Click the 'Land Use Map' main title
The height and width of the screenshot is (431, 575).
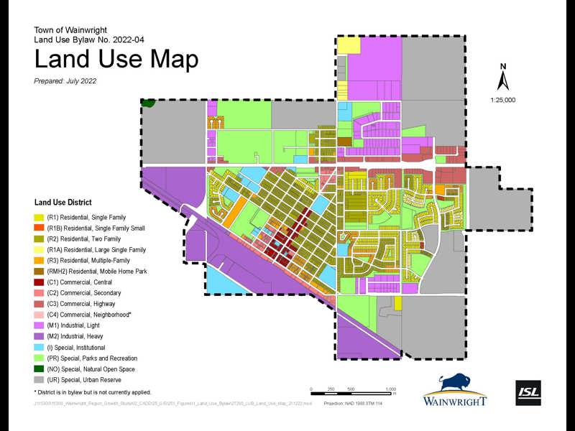click(116, 59)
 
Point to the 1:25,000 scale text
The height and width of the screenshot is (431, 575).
click(503, 101)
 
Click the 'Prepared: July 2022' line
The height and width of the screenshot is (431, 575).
click(65, 81)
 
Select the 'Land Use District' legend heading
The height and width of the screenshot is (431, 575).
click(63, 203)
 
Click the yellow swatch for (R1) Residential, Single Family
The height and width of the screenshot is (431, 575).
click(39, 217)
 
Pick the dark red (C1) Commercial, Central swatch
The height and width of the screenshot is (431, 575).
click(39, 282)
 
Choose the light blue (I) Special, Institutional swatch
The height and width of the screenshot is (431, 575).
click(39, 347)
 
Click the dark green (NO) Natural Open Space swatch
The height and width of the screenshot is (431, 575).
click(39, 369)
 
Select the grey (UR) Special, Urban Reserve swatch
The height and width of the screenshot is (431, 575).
click(39, 380)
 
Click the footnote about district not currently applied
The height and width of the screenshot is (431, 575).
click(92, 392)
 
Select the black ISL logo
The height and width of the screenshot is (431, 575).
click(528, 392)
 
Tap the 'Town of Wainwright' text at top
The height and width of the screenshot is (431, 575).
click(70, 30)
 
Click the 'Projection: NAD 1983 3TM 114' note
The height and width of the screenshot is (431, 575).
click(364, 404)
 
